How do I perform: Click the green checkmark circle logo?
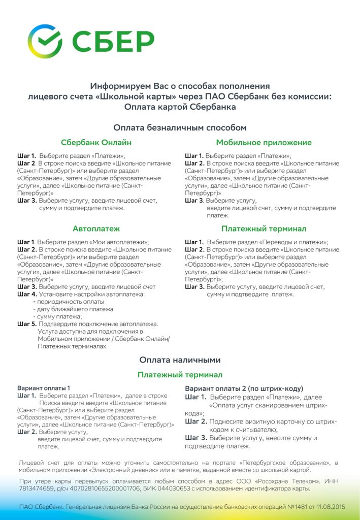tap(45, 41)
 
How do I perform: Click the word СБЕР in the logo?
tap(113, 42)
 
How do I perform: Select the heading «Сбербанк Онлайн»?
tap(96, 143)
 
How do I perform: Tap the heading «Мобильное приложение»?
tap(264, 143)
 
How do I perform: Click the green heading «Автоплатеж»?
tap(96, 229)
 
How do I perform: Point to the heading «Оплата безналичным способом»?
tap(180, 127)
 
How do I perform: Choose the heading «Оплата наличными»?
tap(180, 360)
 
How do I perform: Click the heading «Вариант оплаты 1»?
tap(44, 388)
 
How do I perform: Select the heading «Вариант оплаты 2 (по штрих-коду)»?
tap(244, 388)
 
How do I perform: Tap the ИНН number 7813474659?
tap(35, 489)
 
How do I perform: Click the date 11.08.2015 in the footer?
tap(326, 507)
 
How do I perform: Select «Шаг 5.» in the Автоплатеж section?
tap(27, 323)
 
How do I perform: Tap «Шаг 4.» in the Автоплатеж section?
tap(27, 294)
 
